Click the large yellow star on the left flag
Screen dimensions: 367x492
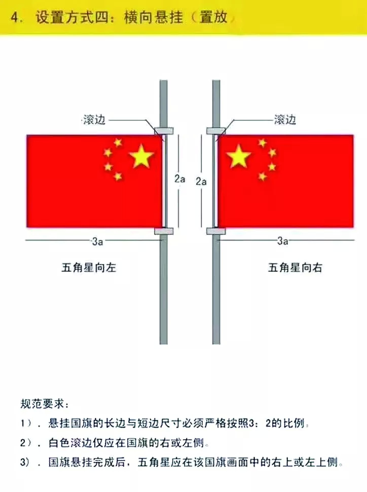tap(141, 156)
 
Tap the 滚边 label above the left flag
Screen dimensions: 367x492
tap(94, 120)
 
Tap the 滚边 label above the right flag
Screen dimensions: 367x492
tap(285, 120)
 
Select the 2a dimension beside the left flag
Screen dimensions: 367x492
tap(180, 179)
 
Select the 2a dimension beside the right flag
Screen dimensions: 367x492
tap(201, 182)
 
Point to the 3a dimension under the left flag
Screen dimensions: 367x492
tap(97, 241)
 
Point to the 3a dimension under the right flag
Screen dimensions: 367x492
tap(283, 241)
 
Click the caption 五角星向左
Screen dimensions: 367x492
tap(89, 268)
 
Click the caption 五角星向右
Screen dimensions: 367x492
tap(295, 268)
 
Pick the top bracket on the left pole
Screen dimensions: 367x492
tap(164, 130)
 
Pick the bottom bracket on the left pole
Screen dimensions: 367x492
tap(164, 231)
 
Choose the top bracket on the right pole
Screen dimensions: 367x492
tap(216, 130)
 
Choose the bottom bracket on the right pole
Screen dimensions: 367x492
tap(216, 231)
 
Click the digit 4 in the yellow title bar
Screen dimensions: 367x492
tap(14, 18)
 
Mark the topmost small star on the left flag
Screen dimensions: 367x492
tap(118, 143)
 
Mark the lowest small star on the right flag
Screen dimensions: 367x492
tap(262, 177)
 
